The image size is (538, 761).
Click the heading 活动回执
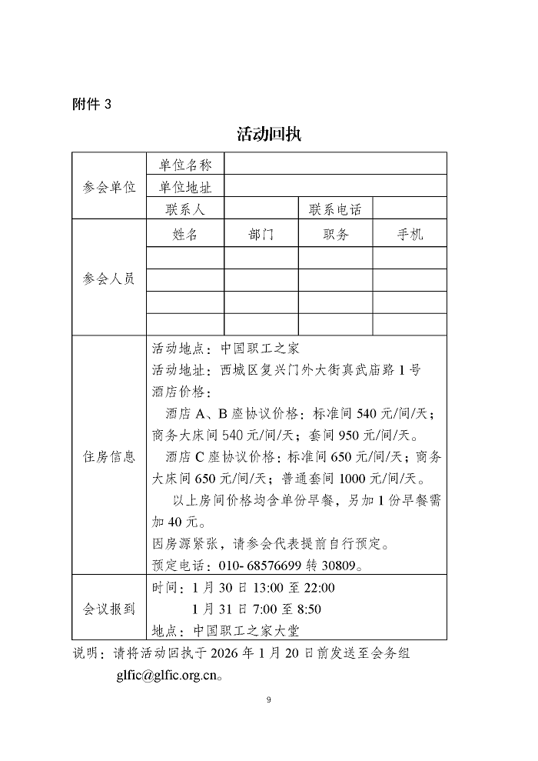click(268, 134)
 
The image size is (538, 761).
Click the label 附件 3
click(91, 104)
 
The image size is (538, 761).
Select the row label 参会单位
click(108, 187)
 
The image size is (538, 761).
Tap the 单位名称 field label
click(185, 165)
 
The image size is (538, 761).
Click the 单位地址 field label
click(185, 187)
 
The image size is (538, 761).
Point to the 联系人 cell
click(185, 209)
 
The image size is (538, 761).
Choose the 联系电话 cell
click(335, 209)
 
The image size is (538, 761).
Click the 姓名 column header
click(185, 235)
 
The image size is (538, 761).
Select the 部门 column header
click(261, 235)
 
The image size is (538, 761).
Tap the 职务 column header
click(335, 235)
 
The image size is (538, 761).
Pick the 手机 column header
click(410, 235)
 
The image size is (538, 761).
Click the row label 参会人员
click(108, 279)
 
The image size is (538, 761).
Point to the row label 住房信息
click(108, 456)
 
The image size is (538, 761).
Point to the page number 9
click(268, 699)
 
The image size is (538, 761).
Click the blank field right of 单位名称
click(335, 165)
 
